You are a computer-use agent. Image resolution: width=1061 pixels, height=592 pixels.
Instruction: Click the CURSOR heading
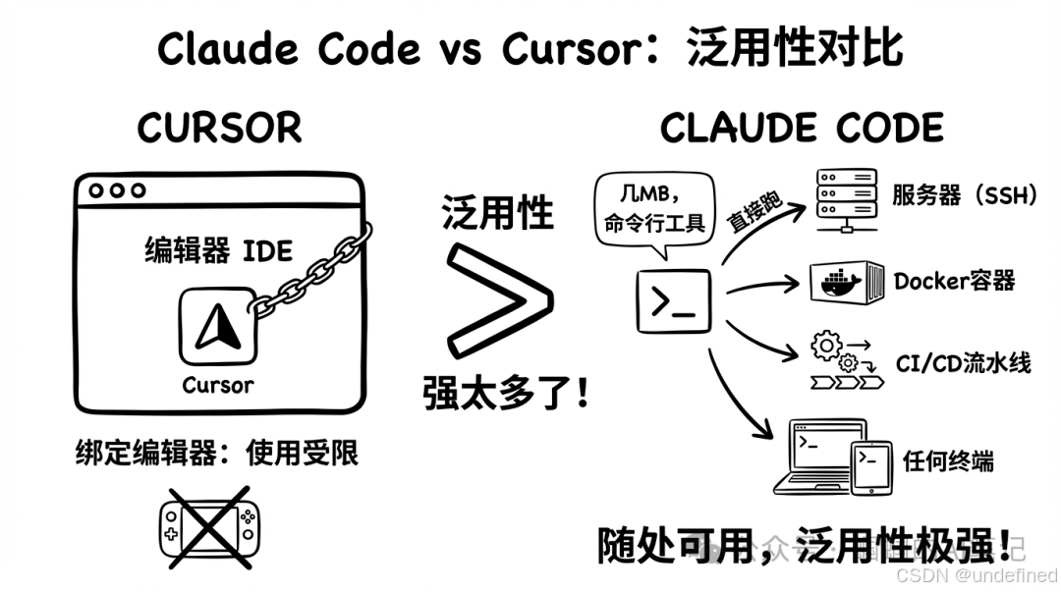[219, 128]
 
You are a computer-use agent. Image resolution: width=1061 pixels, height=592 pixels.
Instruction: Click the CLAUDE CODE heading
[802, 129]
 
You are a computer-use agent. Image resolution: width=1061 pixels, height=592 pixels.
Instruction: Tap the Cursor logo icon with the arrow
[218, 328]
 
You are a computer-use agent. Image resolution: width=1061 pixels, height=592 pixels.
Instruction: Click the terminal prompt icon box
[673, 299]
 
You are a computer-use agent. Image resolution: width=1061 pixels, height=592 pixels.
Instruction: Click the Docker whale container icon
[846, 282]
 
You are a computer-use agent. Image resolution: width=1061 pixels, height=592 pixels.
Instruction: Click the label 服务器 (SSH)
[965, 195]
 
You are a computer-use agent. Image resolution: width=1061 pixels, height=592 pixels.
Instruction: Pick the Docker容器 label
[954, 282]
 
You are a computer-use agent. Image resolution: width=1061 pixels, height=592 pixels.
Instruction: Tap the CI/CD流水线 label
[963, 362]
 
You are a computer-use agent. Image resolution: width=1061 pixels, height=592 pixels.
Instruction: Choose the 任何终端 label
[948, 460]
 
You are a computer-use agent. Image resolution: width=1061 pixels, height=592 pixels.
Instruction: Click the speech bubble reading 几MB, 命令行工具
[653, 208]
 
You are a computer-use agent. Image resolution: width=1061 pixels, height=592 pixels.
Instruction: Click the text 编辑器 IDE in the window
[218, 250]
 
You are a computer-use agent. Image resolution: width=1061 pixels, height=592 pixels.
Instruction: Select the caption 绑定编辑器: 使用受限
[217, 453]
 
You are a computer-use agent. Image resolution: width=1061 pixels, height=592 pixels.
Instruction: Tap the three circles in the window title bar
[117, 190]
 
